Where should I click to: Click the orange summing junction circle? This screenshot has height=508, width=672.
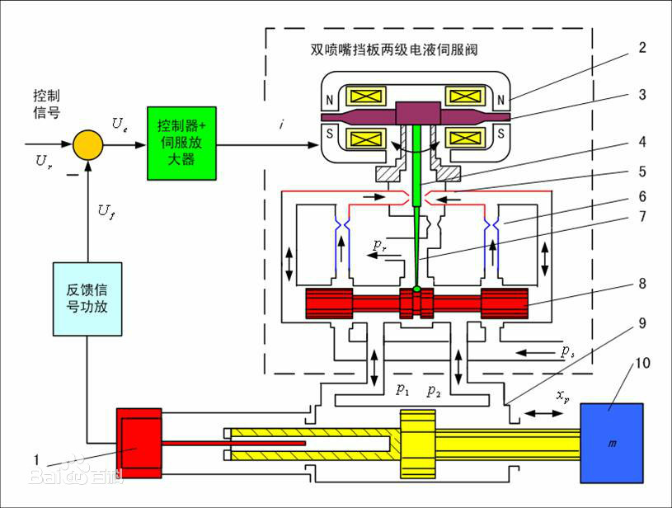point(87,145)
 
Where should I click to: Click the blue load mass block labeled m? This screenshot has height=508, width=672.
point(612,443)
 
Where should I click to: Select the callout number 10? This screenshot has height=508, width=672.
point(644,364)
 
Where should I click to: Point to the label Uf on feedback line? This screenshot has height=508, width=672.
point(105,213)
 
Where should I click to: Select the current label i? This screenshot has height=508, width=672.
point(283,125)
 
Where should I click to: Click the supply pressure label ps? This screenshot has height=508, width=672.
point(566,352)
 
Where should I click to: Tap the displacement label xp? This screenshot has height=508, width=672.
point(563,396)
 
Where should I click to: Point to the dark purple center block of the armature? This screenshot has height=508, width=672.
point(419,114)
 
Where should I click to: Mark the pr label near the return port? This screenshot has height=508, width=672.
point(378,244)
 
